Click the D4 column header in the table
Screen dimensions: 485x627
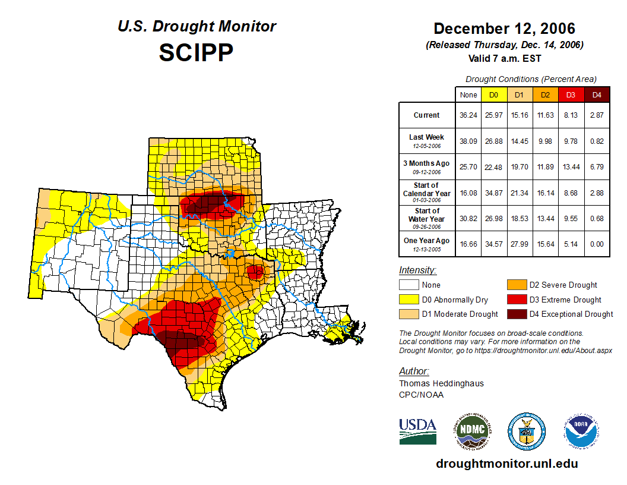[x=597, y=95]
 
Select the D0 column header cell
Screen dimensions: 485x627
[x=493, y=95]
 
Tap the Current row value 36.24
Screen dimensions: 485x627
[x=468, y=115]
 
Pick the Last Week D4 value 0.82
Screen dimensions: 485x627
[x=597, y=141]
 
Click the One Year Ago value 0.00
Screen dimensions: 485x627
[x=597, y=244]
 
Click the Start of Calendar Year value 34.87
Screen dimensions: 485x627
[x=493, y=193]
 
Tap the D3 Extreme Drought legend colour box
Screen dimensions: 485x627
[x=515, y=300]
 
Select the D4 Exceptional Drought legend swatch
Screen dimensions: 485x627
[x=515, y=314]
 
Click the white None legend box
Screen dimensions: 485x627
[x=408, y=285]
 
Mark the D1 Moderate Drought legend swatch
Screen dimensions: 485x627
[x=408, y=314]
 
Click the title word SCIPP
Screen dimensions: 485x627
[x=196, y=53]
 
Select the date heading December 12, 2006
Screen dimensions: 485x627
[x=504, y=29]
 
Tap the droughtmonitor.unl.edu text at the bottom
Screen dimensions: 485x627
[x=506, y=464]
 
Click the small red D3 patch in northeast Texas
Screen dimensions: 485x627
[x=255, y=273]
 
